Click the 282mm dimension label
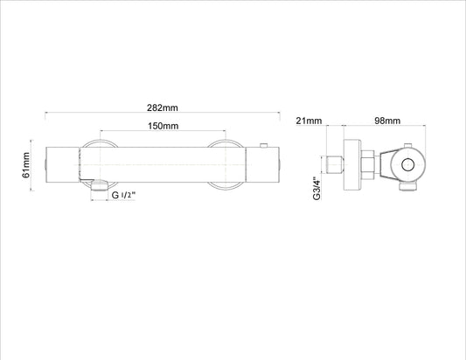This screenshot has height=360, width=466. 163,107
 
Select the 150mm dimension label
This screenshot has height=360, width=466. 163,126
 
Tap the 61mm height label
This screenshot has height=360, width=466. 26,165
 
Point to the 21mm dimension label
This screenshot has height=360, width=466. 309,121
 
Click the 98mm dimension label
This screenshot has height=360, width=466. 387,121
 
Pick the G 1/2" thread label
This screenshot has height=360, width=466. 123,195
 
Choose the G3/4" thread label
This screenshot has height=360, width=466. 317,189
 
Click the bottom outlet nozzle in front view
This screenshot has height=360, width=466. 100,185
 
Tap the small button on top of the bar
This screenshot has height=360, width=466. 264,145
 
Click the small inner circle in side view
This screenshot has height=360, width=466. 407,165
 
